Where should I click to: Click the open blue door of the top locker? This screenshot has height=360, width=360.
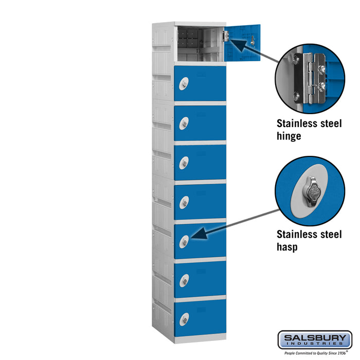point(242,43)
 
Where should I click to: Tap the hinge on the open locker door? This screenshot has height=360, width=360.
point(226,36)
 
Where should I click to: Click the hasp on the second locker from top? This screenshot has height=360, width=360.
point(184,83)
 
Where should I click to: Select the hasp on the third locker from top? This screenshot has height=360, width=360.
point(184,123)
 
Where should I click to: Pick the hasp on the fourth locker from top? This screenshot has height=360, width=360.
point(184,163)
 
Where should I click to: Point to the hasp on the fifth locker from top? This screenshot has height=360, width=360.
point(184,202)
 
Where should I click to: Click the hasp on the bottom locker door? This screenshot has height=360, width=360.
point(184,319)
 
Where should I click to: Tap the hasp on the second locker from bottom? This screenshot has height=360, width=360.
point(184,281)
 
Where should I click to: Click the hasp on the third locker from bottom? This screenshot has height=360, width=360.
point(184,242)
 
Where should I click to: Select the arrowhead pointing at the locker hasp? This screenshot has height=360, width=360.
point(199,233)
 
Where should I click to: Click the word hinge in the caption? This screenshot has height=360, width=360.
point(289,136)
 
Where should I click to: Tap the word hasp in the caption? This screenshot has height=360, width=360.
point(287,247)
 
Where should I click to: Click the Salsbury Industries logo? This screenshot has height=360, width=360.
point(315,340)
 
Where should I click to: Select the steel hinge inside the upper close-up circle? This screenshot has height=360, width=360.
point(310,78)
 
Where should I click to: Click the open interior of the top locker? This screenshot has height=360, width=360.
point(201,44)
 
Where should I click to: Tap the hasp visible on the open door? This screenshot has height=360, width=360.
point(253,41)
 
